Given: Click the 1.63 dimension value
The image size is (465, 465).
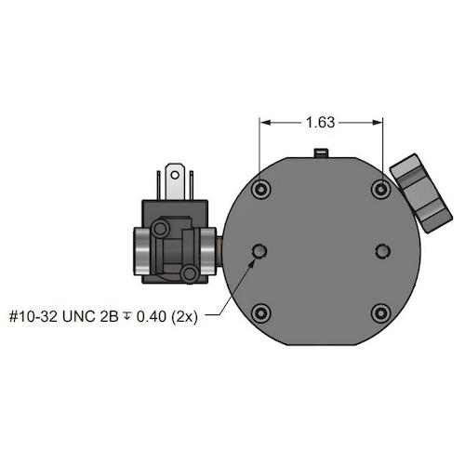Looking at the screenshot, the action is (321, 123).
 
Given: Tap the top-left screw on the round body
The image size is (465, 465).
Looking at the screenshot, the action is (261, 189).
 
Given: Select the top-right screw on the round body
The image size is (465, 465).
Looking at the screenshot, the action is (381, 189).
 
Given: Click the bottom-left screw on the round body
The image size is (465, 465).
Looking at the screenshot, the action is (261, 313).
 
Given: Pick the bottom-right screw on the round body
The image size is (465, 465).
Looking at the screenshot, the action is (381, 313).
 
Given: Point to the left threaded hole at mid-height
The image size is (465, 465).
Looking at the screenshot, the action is (259, 251).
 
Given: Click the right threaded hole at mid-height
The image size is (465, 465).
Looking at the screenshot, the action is (383, 251).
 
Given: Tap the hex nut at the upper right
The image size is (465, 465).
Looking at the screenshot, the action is (421, 193).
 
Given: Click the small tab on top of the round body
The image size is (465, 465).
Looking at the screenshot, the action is (321, 153).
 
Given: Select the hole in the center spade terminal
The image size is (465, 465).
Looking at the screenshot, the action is (175, 175).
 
